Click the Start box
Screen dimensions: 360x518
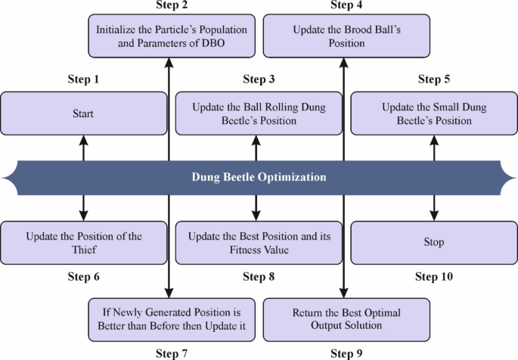pos(83,113)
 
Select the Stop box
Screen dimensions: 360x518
pos(434,243)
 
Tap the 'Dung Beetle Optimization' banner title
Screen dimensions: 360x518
pos(259,178)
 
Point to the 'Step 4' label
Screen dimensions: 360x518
pos(346,6)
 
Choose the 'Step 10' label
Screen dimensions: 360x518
pos(434,277)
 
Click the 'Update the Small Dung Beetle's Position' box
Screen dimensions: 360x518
pos(434,113)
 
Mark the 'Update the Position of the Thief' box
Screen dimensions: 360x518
pos(83,243)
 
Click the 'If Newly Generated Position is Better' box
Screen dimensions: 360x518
pos(171,320)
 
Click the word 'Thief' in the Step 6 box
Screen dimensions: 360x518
pos(83,250)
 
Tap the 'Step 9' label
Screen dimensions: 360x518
pos(346,352)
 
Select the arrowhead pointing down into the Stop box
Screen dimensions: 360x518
pos(434,216)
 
